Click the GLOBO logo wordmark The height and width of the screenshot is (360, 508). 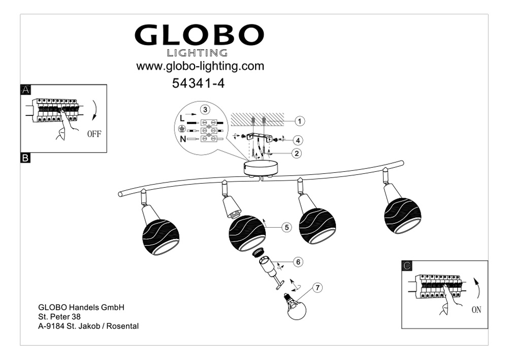[x=199, y=35]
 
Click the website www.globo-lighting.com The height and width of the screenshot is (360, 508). [x=200, y=66]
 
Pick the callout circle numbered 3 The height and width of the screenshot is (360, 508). [x=205, y=109]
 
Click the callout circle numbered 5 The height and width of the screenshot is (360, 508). [x=287, y=228]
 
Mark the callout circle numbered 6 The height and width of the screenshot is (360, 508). [x=299, y=262]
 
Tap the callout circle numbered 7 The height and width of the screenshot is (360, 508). [x=317, y=288]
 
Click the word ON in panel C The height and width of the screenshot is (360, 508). [x=476, y=309]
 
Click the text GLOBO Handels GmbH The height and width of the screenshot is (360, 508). [x=81, y=308]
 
